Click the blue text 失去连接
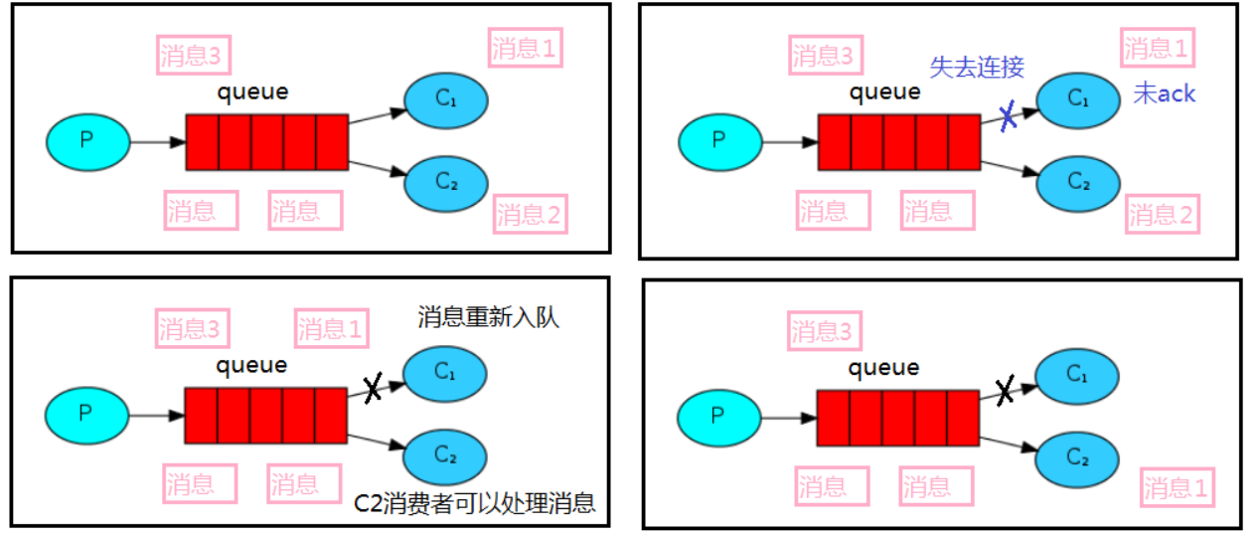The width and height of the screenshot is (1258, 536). click(x=976, y=67)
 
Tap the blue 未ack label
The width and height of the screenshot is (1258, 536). click(x=1165, y=94)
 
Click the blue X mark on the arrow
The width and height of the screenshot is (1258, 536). click(x=1008, y=116)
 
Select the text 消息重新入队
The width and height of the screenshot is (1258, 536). click(x=489, y=318)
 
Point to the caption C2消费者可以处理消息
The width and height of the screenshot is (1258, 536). click(x=475, y=502)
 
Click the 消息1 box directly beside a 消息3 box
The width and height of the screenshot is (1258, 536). click(x=331, y=328)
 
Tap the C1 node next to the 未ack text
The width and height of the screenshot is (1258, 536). click(x=1078, y=98)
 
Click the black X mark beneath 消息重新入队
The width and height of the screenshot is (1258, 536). click(x=373, y=389)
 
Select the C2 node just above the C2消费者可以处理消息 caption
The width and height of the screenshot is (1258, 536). click(x=445, y=455)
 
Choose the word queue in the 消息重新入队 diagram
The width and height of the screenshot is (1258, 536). click(x=252, y=365)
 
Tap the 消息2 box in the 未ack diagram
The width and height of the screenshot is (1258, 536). click(x=1163, y=214)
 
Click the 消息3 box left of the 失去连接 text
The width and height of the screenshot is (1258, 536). click(x=823, y=56)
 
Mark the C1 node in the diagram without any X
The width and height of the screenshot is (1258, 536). click(x=445, y=99)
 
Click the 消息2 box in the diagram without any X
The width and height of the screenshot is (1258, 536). click(x=531, y=214)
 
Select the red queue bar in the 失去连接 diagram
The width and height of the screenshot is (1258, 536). click(x=898, y=142)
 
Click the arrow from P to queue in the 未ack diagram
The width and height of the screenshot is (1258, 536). click(x=790, y=142)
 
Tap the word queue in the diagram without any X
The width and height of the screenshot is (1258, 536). click(x=253, y=92)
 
